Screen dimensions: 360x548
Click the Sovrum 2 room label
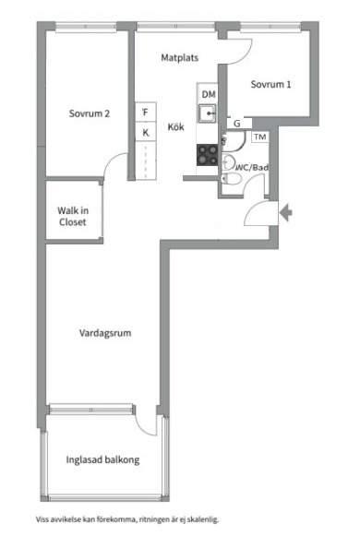tap(90, 113)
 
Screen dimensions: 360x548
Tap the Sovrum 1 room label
tap(270, 84)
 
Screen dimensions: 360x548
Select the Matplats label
tap(180, 58)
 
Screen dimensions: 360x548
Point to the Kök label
tap(175, 126)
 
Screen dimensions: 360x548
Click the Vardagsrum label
tap(105, 333)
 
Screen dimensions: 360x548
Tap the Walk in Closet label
tap(73, 216)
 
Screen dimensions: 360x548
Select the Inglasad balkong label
tap(102, 459)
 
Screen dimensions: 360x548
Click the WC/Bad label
tap(253, 167)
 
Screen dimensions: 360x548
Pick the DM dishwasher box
tap(208, 94)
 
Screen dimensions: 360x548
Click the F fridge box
tap(146, 113)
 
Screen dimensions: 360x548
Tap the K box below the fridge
tap(146, 132)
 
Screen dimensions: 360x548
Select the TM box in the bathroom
tap(260, 137)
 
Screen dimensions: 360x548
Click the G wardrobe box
tap(238, 124)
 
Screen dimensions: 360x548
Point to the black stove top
tap(207, 155)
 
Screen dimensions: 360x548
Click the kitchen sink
tap(208, 113)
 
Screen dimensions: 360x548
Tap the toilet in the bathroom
tap(232, 179)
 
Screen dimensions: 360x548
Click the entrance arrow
tap(286, 212)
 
